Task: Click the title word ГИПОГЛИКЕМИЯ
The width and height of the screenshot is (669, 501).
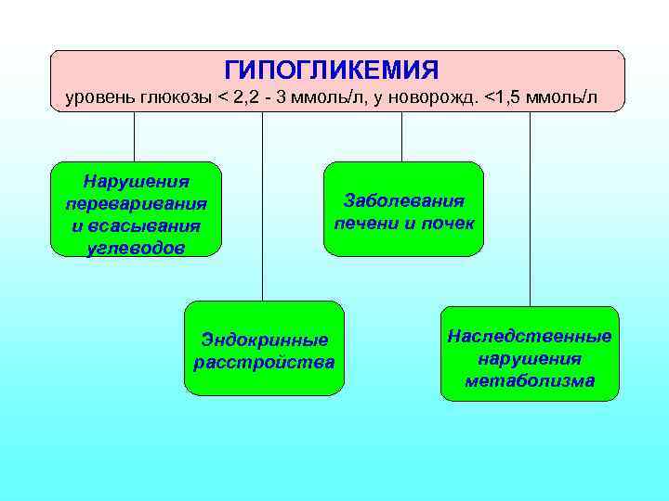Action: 332,71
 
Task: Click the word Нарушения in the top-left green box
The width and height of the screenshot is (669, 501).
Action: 136,181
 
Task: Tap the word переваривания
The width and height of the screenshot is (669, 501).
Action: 136,203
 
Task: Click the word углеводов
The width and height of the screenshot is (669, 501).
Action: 136,248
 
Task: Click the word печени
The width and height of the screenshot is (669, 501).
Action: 365,224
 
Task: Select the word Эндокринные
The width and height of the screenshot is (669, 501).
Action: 265,340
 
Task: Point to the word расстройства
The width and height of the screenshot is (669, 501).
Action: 265,362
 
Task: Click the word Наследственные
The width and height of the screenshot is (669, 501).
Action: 529,335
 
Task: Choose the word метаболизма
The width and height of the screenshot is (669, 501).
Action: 529,380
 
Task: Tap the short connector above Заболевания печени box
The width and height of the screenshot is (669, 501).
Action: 401,136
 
